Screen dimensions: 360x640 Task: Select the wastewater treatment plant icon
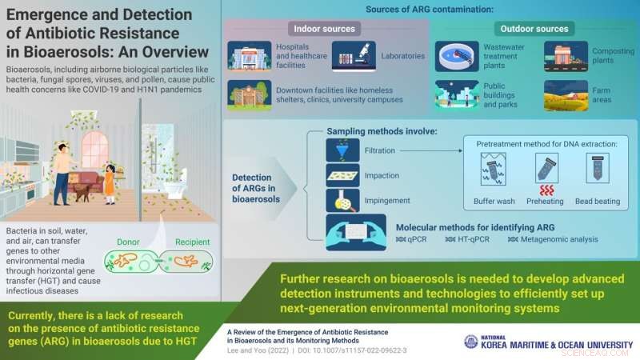(458, 56)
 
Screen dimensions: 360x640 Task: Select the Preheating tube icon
(545, 168)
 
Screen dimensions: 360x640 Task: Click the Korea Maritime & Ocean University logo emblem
(471, 342)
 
